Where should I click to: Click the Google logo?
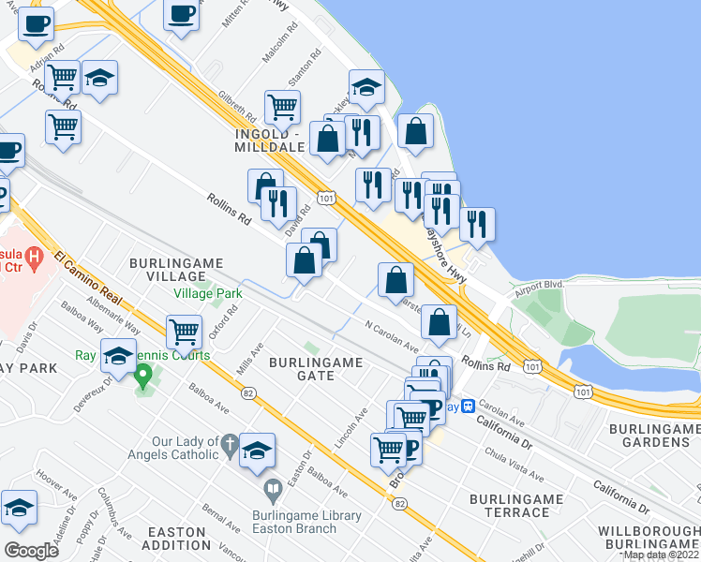pyautogui.click(x=31, y=551)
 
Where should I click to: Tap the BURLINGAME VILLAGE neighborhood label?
pyautogui.click(x=169, y=271)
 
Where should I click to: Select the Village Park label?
pyautogui.click(x=207, y=293)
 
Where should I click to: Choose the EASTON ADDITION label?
pyautogui.click(x=176, y=538)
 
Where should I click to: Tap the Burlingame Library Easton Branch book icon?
pyautogui.click(x=273, y=489)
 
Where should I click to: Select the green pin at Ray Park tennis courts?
pyautogui.click(x=143, y=377)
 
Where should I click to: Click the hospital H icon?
pyautogui.click(x=35, y=255)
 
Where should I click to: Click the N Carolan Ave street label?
pyautogui.click(x=392, y=334)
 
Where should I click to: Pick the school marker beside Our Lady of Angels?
pyautogui.click(x=257, y=451)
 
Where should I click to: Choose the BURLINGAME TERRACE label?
pyautogui.click(x=510, y=506)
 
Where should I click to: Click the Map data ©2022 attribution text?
pyautogui.click(x=661, y=555)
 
